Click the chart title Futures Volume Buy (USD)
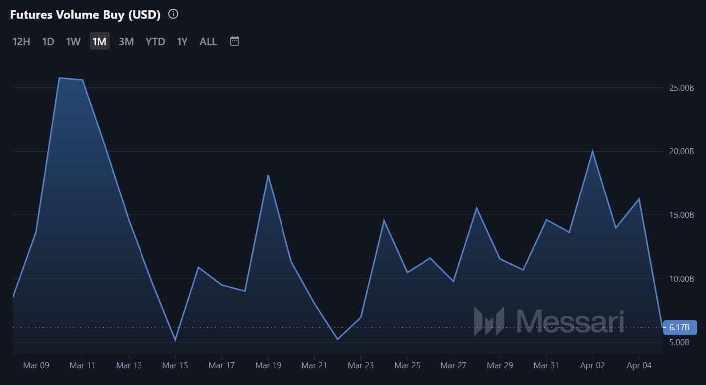point(85,15)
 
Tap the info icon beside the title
point(173,14)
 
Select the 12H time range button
point(21,41)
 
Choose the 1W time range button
point(73,41)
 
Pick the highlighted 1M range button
point(99,41)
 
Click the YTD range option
point(155,41)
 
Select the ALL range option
point(208,41)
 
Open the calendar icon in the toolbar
point(235,41)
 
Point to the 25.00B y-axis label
point(681,88)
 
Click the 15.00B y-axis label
point(681,215)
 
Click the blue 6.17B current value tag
point(680,327)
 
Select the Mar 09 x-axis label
point(36,365)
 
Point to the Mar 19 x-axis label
point(268,365)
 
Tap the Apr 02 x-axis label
point(593,365)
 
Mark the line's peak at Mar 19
point(268,175)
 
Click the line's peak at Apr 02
point(592,151)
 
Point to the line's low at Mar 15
point(175,340)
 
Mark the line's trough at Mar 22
point(337,339)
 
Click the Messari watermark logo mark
point(489,321)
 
